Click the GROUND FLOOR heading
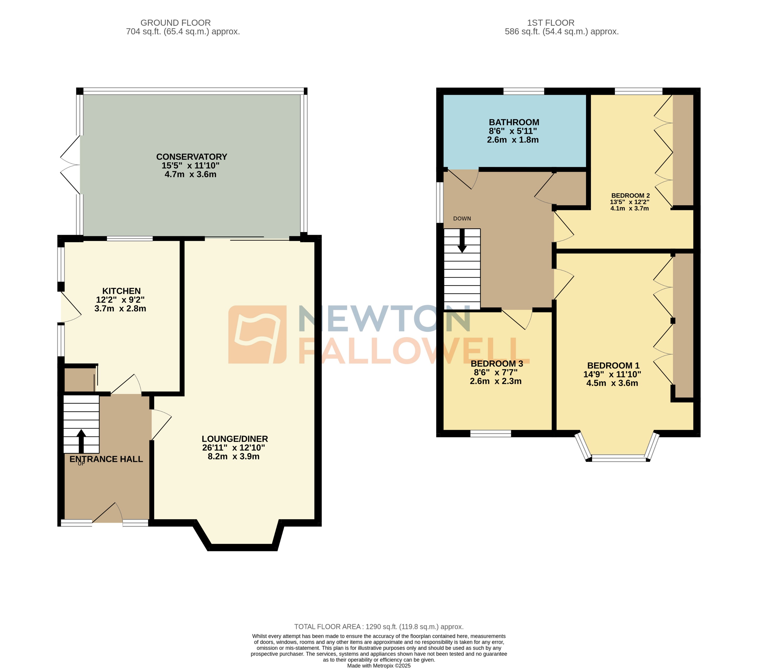175,23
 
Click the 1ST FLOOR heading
550,23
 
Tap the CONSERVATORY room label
191,157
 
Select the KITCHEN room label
121,291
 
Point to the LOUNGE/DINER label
235,439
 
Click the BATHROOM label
514,122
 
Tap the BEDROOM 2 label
630,195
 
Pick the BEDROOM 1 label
613,366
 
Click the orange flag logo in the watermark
257,334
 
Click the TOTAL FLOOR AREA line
379,627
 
